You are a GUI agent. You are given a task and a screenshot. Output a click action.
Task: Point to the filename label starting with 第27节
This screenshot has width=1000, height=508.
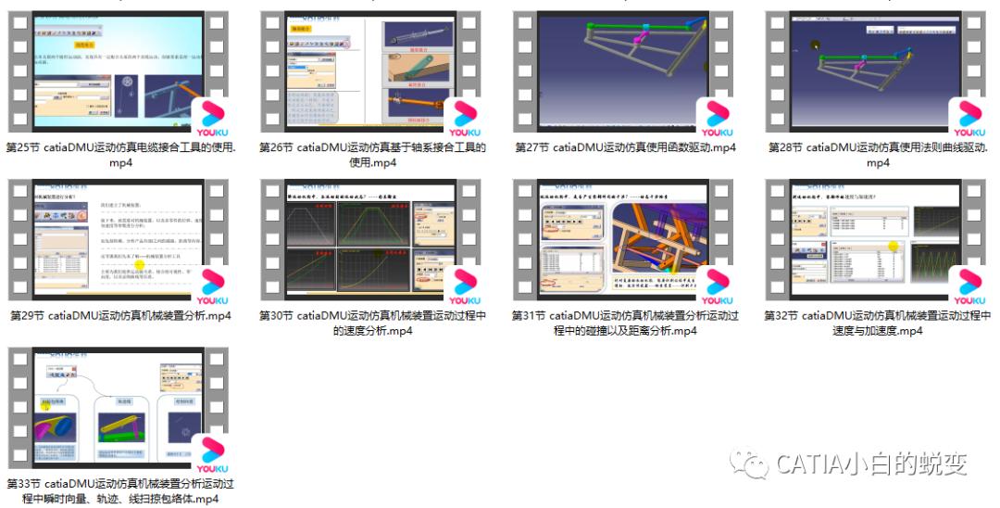[x=625, y=147]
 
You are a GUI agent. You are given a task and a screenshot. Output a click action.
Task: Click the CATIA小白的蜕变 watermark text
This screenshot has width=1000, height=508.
[x=872, y=464]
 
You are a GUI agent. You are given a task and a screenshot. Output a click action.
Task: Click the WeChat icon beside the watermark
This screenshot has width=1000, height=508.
[x=748, y=463]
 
